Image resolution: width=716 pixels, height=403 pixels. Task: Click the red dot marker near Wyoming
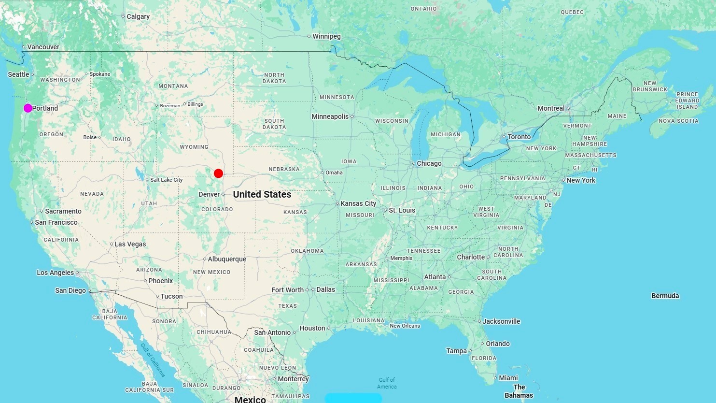218,173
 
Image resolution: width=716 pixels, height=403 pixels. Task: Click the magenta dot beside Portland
28,108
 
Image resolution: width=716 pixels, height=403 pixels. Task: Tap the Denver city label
209,194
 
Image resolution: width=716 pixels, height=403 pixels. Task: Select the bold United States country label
262,194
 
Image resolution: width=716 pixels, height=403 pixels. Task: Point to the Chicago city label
429,163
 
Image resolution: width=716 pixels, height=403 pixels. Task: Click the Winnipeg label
326,36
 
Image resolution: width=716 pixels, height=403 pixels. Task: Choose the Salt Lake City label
166,180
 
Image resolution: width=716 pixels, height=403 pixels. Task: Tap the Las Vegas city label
130,244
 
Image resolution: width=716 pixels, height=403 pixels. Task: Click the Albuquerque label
227,259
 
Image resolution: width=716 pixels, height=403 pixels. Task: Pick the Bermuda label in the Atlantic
665,296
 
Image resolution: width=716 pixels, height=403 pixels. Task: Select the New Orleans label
405,326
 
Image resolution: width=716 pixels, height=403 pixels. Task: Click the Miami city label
508,378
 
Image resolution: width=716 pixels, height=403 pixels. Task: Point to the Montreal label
551,108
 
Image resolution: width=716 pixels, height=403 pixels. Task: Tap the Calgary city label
138,16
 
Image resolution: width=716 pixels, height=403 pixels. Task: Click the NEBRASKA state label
284,169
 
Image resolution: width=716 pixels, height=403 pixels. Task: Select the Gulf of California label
153,360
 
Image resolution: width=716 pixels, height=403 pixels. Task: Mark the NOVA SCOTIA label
678,121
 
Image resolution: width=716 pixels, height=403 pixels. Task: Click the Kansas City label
358,203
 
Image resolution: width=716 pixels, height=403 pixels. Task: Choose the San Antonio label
272,332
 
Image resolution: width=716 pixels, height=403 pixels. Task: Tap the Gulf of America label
387,383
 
